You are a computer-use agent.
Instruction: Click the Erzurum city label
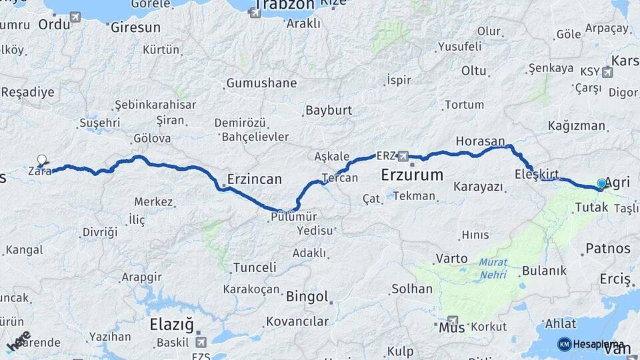[x=412, y=175]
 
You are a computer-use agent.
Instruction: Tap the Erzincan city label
[x=254, y=179]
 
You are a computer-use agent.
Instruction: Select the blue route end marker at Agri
[x=601, y=183]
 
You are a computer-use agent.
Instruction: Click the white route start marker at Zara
[x=42, y=160]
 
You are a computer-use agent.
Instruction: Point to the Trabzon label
[x=284, y=5]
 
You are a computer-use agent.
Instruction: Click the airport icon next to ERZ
[x=403, y=156]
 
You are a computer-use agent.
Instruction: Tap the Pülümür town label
[x=294, y=216]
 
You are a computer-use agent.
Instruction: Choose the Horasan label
[x=480, y=141]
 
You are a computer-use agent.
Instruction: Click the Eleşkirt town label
[x=537, y=175]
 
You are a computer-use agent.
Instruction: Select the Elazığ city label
[x=171, y=325]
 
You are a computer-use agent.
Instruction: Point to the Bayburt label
[x=329, y=110]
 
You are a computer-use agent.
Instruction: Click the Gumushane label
[x=261, y=83]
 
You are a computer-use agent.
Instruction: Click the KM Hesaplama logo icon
[x=565, y=344]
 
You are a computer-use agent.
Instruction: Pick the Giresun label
[x=136, y=27]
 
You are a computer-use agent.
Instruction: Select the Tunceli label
[x=255, y=267]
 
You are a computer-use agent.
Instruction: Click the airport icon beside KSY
[x=607, y=72]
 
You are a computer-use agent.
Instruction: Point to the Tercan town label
[x=340, y=178]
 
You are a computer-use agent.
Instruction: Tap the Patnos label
[x=607, y=249]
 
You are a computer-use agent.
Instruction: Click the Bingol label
[x=307, y=296]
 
